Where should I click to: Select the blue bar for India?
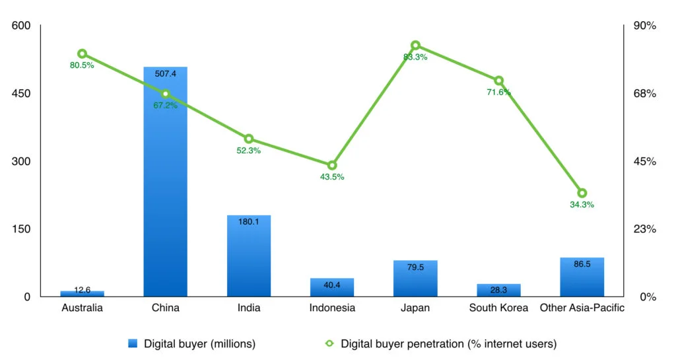[249, 258]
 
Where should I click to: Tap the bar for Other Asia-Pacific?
[582, 277]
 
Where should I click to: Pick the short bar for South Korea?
[498, 290]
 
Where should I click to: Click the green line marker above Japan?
[415, 46]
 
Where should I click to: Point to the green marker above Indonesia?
[332, 165]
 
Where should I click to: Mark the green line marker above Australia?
[82, 54]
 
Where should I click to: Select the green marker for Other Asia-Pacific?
[582, 193]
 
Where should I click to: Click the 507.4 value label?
[165, 73]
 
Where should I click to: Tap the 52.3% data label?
[249, 151]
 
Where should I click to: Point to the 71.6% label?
[498, 92]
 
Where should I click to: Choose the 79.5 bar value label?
[415, 268]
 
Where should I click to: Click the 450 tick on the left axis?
[22, 94]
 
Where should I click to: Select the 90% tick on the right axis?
[645, 26]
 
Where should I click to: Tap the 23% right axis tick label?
[645, 229]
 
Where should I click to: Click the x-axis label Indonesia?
[332, 308]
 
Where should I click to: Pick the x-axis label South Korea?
[498, 308]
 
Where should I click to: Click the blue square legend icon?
[133, 343]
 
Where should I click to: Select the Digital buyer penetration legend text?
[448, 343]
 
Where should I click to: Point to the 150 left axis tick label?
[22, 229]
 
